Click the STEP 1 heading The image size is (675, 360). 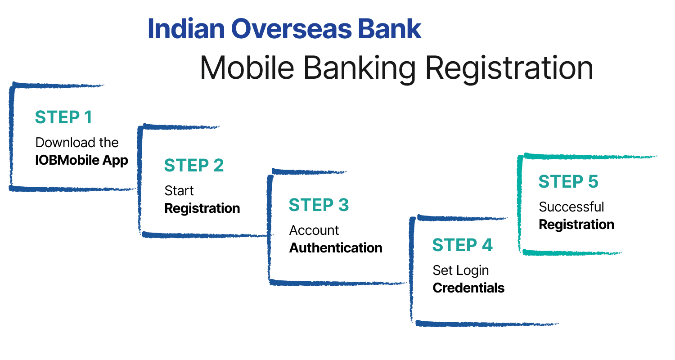[x=63, y=117]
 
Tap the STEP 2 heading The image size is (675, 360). [x=193, y=165]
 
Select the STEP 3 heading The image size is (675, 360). [x=319, y=205]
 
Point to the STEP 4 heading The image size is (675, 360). [x=462, y=245]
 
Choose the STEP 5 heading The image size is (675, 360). [x=568, y=181]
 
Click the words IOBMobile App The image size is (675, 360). [x=81, y=160]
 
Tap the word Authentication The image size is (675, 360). [x=336, y=247]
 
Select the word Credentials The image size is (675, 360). [x=468, y=288]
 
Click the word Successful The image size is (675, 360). [x=571, y=207]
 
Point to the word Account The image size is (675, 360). [x=314, y=230]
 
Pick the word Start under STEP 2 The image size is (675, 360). [x=179, y=190]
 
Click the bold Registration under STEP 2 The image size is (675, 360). [x=202, y=208]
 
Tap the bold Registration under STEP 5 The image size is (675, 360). [x=576, y=224]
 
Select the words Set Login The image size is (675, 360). [x=460, y=270]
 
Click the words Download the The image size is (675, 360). [x=77, y=142]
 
